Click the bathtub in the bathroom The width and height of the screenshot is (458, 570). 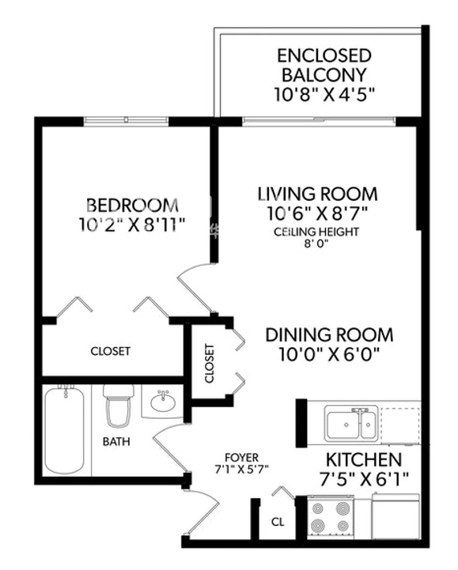point(64,431)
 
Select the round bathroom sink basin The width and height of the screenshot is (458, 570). point(163,402)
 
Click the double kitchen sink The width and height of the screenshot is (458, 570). point(350,422)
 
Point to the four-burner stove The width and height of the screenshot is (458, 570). point(331,517)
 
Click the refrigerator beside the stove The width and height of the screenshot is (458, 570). point(396,515)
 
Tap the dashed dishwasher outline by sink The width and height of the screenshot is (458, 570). point(399,425)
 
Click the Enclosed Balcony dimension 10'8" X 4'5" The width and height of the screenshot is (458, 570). point(324,95)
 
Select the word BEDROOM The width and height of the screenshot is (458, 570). point(133,206)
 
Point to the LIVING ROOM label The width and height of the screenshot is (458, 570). point(317,194)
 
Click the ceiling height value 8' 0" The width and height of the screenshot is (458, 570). point(316,244)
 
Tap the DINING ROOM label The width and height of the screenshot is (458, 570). point(329,334)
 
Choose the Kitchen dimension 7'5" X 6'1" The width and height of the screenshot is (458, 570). point(364,479)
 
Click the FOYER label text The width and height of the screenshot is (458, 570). point(241,457)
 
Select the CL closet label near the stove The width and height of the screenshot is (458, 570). point(278,522)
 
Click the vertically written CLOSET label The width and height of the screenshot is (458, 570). point(209,364)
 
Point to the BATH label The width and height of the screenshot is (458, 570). point(116,442)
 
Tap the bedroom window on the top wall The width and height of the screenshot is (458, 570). point(126,119)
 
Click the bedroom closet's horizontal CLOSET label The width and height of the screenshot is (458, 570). point(110,351)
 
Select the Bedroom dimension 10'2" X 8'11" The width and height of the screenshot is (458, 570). point(132,225)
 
